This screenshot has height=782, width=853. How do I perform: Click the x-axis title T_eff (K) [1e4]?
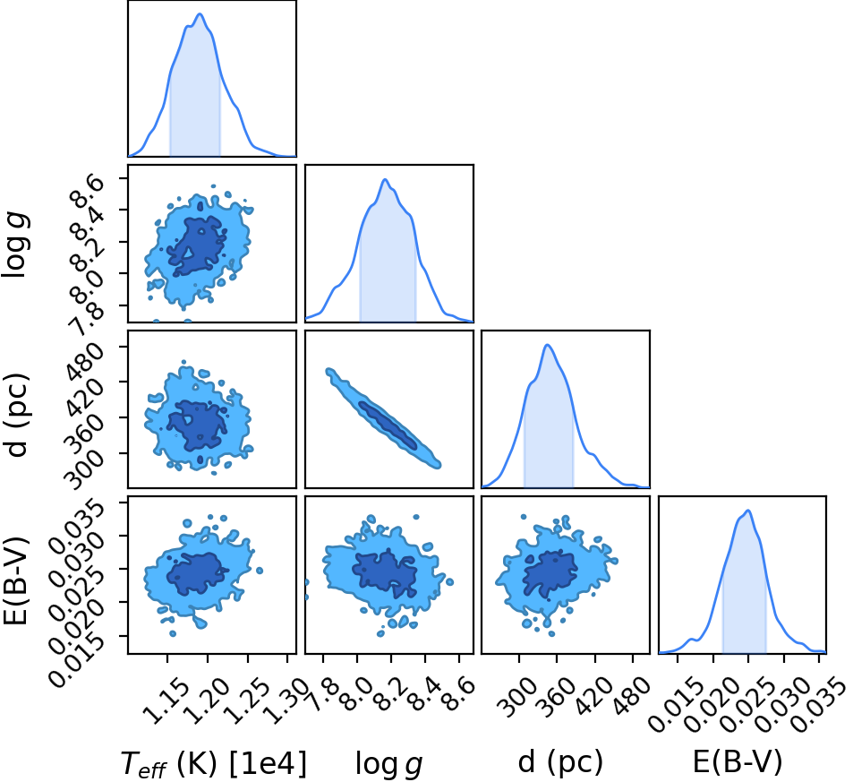(213, 763)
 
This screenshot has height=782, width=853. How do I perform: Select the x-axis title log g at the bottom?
(389, 764)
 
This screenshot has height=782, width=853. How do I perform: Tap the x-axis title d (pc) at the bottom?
(560, 762)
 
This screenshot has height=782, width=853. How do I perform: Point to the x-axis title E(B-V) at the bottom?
(738, 762)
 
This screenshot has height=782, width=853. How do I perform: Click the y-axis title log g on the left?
(15, 244)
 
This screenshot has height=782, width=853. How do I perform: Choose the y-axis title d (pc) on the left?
(16, 415)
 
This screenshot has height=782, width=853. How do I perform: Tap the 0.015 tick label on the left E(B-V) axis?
(77, 660)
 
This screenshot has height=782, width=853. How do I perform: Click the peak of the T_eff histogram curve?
(200, 14)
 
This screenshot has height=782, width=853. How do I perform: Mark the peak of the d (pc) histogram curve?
(547, 345)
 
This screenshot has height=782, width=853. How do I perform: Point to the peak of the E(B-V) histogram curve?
(748, 511)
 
